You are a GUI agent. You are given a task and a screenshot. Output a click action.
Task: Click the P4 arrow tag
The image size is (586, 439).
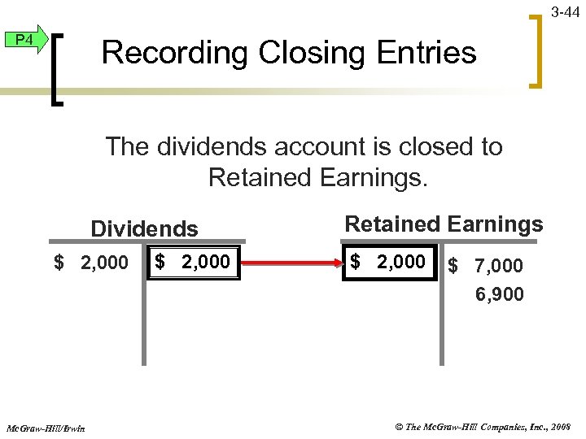click(x=25, y=40)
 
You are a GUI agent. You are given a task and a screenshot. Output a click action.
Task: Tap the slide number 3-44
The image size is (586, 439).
click(x=566, y=12)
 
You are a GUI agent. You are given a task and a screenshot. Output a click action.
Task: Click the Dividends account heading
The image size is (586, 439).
click(x=144, y=228)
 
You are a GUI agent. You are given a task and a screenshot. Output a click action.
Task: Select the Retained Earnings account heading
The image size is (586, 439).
click(x=444, y=224)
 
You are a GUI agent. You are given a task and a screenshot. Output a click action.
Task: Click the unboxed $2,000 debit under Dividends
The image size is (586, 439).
click(x=90, y=263)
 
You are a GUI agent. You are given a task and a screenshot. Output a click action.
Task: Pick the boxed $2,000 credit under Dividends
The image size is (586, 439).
click(x=193, y=262)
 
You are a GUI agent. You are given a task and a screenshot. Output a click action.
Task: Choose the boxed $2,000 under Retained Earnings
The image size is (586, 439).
click(x=388, y=262)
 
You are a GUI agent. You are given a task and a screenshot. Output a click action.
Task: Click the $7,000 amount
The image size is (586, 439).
click(x=487, y=265)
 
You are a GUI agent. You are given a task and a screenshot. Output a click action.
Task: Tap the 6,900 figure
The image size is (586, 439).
click(x=500, y=293)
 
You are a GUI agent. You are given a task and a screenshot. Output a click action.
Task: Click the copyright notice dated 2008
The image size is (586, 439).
click(x=482, y=426)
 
